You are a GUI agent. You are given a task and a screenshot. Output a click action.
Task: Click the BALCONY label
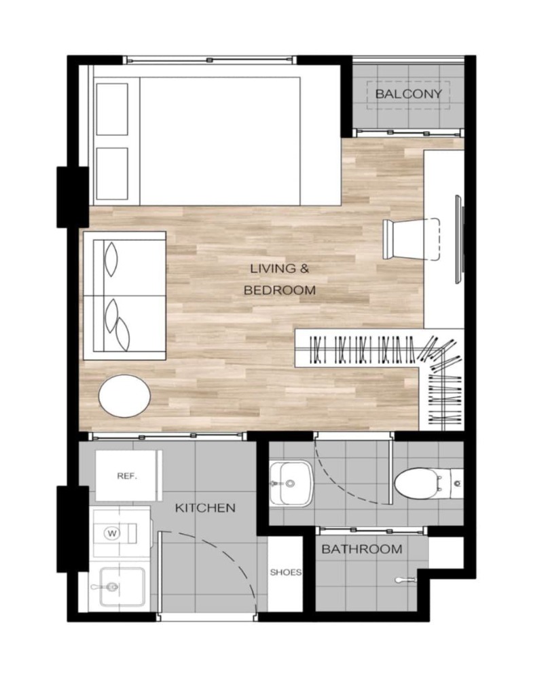pos(408,94)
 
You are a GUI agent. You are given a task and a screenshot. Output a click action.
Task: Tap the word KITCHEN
pos(205,508)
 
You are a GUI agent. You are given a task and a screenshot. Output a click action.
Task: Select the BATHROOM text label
pos(361,549)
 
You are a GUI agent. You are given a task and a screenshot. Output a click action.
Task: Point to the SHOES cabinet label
pos(285,572)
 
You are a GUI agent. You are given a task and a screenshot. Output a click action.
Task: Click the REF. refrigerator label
pos(127,476)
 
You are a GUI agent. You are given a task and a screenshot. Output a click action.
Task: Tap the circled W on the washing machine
pos(112,533)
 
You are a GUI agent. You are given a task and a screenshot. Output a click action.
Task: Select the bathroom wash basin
pos(291,483)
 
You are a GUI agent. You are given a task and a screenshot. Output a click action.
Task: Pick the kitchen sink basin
pos(122,587)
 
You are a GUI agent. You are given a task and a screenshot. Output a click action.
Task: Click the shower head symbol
pos(405,580)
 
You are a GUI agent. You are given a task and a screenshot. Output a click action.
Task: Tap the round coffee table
pos(124,396)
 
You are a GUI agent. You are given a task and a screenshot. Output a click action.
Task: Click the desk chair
pos(412,239)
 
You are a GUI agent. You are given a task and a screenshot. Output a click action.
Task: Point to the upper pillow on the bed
pos(112,109)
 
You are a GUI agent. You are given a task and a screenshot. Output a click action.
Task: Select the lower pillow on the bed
pos(112,174)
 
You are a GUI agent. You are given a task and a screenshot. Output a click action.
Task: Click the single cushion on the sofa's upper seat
pos(111,259)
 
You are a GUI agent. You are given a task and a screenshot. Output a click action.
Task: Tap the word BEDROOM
pos(280,290)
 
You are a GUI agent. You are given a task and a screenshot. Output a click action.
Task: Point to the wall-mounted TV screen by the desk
pos(458,240)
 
